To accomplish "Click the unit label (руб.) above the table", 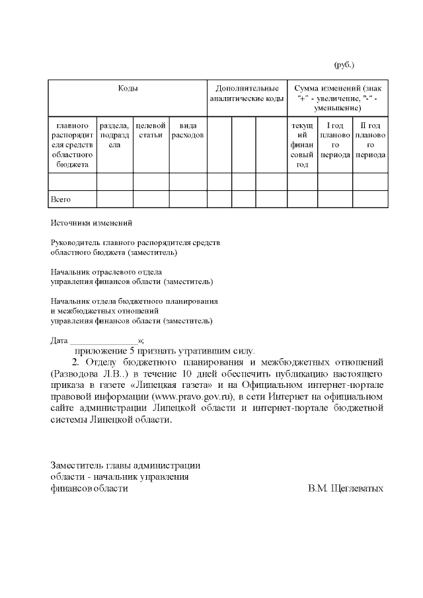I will pos(344,65).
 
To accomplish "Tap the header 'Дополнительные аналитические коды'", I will pos(247,93).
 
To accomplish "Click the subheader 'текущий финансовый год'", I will pos(302,144).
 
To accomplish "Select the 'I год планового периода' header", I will pos(335,139).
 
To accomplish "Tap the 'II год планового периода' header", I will pos(370,139).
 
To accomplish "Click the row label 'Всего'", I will pos(61,199).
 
